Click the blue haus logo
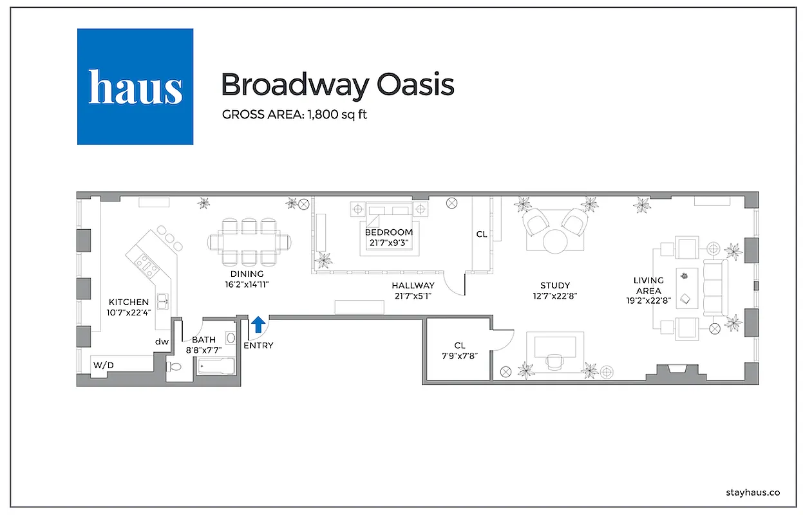[x=135, y=86]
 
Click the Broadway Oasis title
[x=337, y=84]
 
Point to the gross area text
[x=294, y=115]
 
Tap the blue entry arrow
[x=258, y=324]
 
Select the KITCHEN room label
[x=129, y=302]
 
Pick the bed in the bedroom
[x=388, y=229]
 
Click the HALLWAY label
[x=413, y=285]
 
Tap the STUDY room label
[x=554, y=285]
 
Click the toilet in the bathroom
[x=174, y=367]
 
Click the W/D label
[x=103, y=365]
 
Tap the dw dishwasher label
[x=161, y=342]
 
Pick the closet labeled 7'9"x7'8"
[x=459, y=351]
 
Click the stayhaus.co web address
[x=752, y=492]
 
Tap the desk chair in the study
[x=554, y=362]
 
